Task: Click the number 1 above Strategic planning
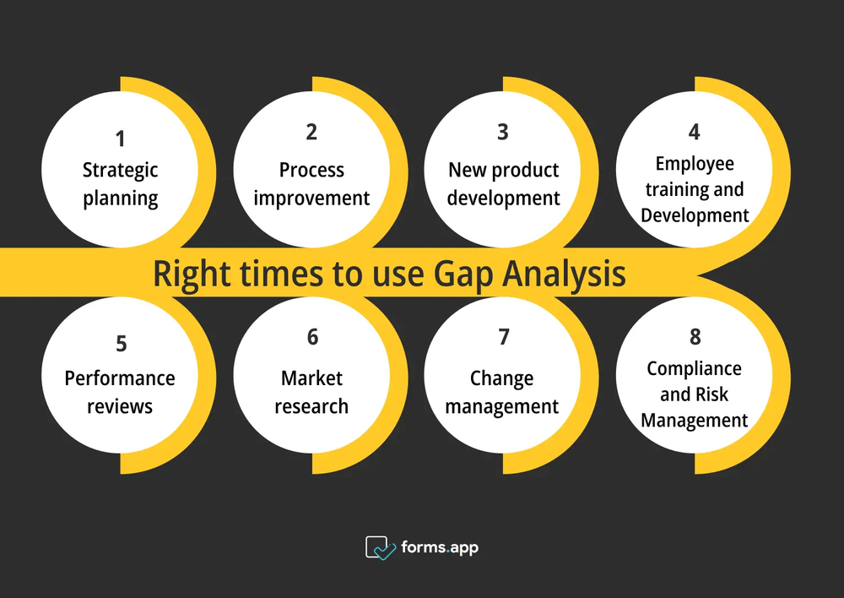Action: pyautogui.click(x=121, y=139)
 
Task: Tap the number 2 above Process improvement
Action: pyautogui.click(x=311, y=132)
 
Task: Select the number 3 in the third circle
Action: pyautogui.click(x=503, y=132)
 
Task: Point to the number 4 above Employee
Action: pyautogui.click(x=695, y=132)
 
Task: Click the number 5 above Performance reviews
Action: pyautogui.click(x=122, y=344)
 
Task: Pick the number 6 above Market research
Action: pyautogui.click(x=313, y=337)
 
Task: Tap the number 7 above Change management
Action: pyautogui.click(x=504, y=337)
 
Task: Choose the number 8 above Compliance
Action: pyautogui.click(x=695, y=337)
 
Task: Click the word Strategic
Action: pyautogui.click(x=120, y=171)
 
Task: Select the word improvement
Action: pyautogui.click(x=311, y=198)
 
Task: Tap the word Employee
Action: pyautogui.click(x=695, y=164)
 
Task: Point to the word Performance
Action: pyautogui.click(x=120, y=378)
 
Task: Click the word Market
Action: pyautogui.click(x=311, y=378)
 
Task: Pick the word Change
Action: pyautogui.click(x=501, y=378)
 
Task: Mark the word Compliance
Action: pyautogui.click(x=695, y=369)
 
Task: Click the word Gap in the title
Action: pyautogui.click(x=463, y=275)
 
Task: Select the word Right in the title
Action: pyautogui.click(x=192, y=275)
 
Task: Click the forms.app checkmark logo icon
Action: pyautogui.click(x=380, y=548)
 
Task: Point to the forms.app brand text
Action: pyautogui.click(x=440, y=548)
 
